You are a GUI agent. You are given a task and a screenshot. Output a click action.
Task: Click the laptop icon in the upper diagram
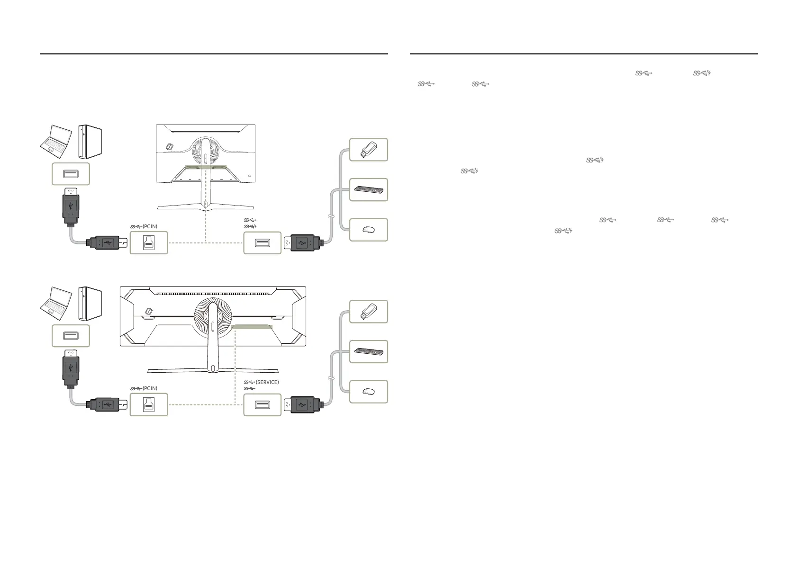pos(56,141)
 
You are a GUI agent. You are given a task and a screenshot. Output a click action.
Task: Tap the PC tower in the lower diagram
pos(90,303)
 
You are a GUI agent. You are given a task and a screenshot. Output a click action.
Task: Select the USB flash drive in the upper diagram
pos(368,150)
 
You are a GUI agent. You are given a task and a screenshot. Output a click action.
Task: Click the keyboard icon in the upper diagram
pos(368,190)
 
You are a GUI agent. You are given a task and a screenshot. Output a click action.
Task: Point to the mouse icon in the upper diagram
pos(368,230)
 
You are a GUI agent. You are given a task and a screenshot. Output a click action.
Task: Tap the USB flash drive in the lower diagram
pos(368,312)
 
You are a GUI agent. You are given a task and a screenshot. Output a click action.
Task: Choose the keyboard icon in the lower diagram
pos(368,352)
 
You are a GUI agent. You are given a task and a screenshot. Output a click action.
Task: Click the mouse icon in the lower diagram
pos(368,392)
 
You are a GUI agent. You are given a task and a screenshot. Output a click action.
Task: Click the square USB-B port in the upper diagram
pos(149,242)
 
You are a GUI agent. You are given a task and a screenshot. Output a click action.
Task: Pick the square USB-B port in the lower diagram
pos(149,405)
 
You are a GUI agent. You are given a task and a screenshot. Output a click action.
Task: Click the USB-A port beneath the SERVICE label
pos(262,405)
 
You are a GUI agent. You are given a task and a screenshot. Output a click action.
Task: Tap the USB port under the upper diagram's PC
pos(71,174)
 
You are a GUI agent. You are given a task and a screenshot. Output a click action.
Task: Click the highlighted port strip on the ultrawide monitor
pos(252,327)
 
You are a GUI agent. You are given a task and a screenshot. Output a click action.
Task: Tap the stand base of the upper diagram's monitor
pos(205,206)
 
